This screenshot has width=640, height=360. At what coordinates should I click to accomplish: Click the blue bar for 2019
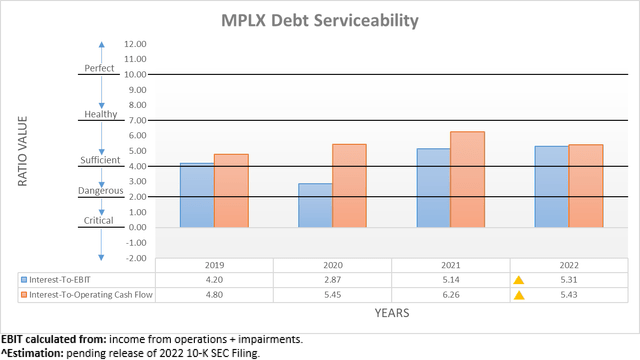pos(197,195)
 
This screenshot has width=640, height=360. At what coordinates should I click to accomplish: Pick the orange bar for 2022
pos(586,186)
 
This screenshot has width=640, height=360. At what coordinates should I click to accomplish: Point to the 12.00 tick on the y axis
pos(134,44)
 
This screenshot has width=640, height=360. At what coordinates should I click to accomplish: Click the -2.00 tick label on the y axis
pos(134,257)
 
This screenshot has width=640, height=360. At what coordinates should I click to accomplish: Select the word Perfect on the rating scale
pos(100,69)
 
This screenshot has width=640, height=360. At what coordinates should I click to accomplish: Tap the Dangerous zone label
pos(100,190)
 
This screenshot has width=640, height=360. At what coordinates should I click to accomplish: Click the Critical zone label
pos(100,221)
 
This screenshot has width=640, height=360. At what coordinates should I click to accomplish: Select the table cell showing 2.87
pos(332,281)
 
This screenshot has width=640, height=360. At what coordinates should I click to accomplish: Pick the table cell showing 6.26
pos(450,296)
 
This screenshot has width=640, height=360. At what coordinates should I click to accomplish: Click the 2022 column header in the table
pos(568,266)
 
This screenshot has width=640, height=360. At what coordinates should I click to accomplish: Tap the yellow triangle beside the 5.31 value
pos(518,281)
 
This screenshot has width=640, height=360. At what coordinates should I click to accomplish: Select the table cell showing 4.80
pos(214,296)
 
